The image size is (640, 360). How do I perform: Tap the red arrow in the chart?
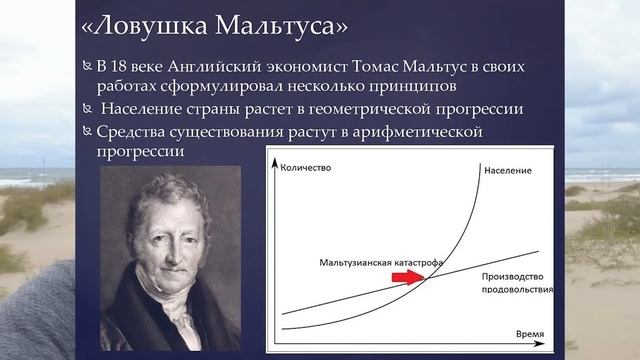(406, 282)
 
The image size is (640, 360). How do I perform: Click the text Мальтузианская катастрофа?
(368, 264)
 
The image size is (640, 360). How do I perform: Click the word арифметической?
(420, 131)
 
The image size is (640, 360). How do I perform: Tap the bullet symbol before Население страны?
(87, 109)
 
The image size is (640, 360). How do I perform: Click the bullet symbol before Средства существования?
(87, 132)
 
